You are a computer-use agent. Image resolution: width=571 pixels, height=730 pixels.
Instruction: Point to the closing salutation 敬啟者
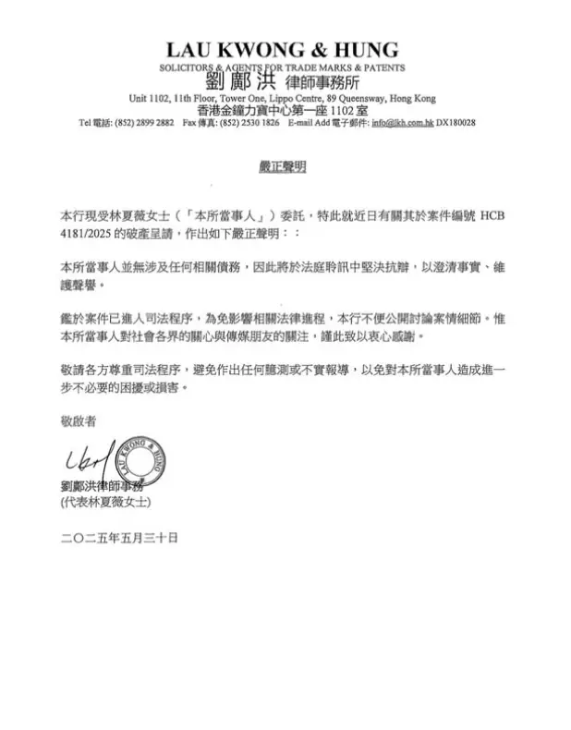[x=77, y=420]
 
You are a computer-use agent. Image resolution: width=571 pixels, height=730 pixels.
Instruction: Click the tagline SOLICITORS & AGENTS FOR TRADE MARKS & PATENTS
[x=282, y=67]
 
